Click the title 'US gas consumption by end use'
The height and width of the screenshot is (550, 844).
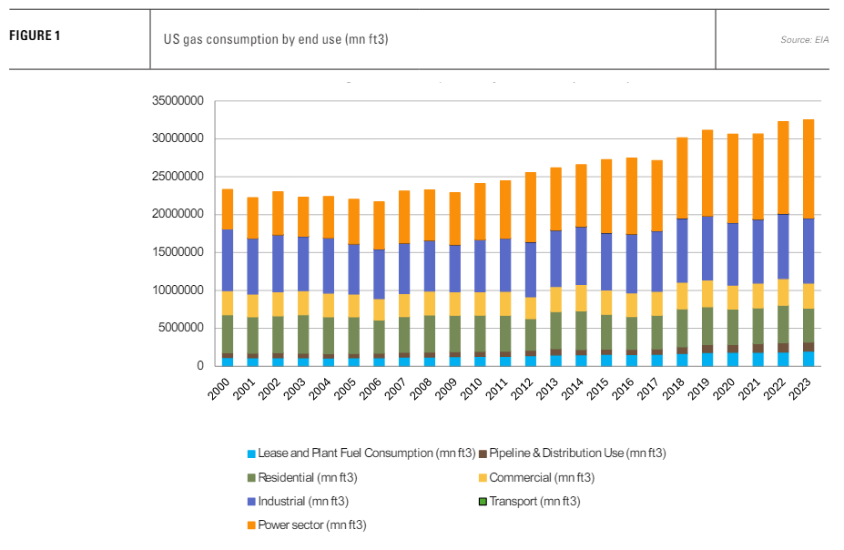(276, 39)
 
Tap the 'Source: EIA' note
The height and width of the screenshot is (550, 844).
(804, 40)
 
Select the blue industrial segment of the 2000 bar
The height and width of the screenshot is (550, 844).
(228, 260)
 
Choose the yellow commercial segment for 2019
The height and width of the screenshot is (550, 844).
(706, 293)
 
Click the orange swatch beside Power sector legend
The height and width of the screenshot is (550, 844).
(251, 525)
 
